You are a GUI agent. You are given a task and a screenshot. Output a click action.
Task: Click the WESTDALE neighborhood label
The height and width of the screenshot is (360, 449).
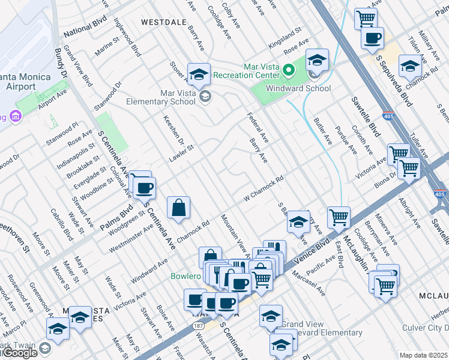[161, 22]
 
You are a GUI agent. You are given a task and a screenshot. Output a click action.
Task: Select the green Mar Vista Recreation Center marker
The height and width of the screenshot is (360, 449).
[289, 71]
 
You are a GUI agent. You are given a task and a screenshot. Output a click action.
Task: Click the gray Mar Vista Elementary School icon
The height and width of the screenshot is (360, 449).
[205, 97]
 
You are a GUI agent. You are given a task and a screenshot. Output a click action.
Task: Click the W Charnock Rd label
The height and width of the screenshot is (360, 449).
[262, 190]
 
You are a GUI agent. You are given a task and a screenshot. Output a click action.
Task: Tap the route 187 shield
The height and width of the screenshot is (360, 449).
[197, 325]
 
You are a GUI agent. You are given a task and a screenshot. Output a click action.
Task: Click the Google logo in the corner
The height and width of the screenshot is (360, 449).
[19, 353]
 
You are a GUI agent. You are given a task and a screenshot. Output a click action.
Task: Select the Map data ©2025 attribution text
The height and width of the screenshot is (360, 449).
[424, 355]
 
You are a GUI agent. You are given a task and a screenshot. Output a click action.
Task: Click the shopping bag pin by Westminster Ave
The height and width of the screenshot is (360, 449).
[178, 208]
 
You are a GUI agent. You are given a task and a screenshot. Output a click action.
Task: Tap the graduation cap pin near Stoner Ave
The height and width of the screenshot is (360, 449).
[199, 74]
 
